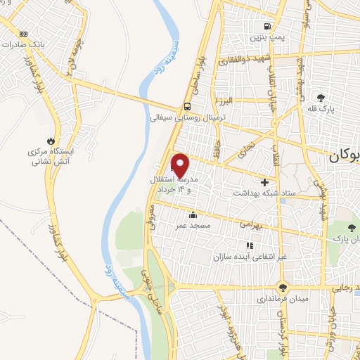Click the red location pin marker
pos(181,165)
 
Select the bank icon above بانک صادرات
pos(25,33)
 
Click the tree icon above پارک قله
pos(321,97)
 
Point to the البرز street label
pos(227,101)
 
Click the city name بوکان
pos(343,157)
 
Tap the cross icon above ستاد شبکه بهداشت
pos(264,181)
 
